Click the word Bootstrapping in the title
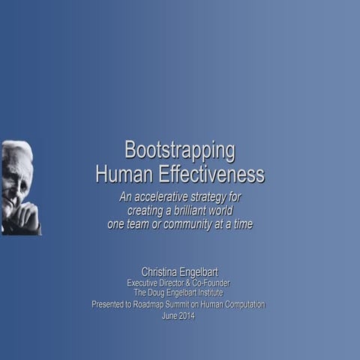pyautogui.click(x=179, y=150)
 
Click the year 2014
pyautogui.click(x=187, y=316)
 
